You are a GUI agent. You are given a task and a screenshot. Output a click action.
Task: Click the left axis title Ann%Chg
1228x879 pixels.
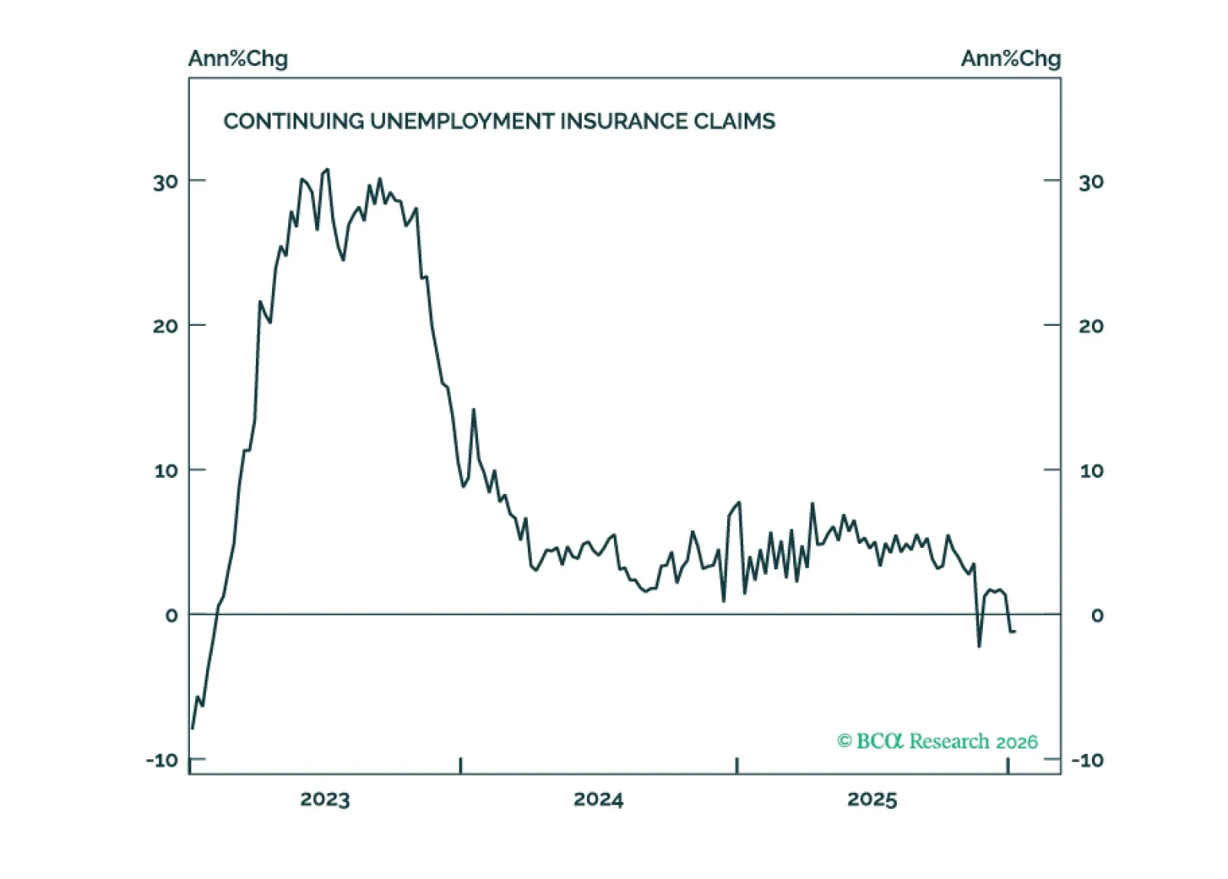coord(237,59)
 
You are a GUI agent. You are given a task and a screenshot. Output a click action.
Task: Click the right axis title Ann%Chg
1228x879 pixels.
coord(1010,59)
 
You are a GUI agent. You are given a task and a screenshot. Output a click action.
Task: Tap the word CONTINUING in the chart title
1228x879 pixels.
coord(294,121)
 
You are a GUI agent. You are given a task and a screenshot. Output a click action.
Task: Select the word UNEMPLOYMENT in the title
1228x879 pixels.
coord(461,121)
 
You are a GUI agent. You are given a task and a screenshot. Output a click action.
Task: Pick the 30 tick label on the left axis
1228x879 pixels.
coord(165,183)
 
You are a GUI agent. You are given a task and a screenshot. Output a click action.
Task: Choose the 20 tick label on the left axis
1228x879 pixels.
coord(165,327)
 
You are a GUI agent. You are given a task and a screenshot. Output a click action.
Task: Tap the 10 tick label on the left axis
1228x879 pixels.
coord(166,471)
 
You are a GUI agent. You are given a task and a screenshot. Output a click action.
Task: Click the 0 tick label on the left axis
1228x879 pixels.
coord(171,615)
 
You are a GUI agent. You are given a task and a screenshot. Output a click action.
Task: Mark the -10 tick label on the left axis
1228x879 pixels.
coord(162,761)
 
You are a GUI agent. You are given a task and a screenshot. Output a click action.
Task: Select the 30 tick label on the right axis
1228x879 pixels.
coord(1091,183)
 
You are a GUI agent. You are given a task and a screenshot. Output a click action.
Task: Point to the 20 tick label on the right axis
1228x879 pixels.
coord(1091,327)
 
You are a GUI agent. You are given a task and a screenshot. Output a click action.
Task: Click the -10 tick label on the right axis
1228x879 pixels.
coord(1087,761)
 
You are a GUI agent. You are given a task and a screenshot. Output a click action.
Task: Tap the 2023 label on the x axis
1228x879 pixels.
coord(324,800)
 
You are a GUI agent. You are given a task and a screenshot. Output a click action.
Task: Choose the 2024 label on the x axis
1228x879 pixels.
coord(598,800)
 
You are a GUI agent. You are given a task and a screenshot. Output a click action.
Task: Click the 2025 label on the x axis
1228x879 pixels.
coord(871,800)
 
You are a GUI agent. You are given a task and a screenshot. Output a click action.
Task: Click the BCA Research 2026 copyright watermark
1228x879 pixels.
coord(937,741)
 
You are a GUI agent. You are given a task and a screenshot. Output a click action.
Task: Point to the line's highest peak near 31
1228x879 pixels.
coord(327,170)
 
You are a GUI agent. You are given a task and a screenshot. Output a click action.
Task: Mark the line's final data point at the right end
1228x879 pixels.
coord(1014,632)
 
